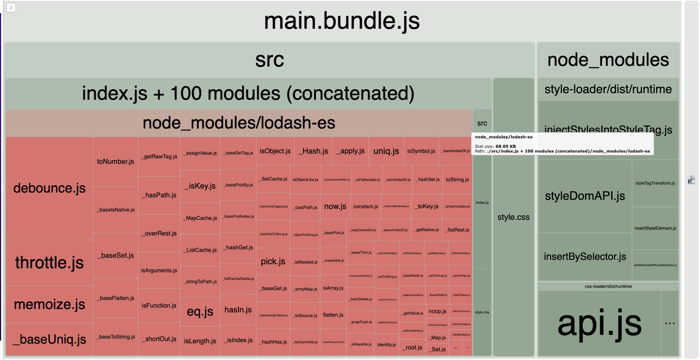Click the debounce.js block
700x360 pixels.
pyautogui.click(x=49, y=188)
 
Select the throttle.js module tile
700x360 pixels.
pyautogui.click(x=49, y=262)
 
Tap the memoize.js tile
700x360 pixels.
pyautogui.click(x=49, y=304)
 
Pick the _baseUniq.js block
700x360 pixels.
pyautogui.click(x=49, y=339)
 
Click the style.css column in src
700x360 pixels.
pyautogui.click(x=513, y=217)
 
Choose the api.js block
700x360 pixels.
pyautogui.click(x=599, y=323)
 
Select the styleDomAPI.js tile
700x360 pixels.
pyautogui.click(x=584, y=196)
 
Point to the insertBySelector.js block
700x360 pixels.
pyautogui.click(x=584, y=256)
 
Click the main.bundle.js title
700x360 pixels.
pyautogui.click(x=342, y=21)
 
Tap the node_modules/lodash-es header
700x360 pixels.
pyautogui.click(x=239, y=123)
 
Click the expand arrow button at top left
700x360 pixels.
pyautogui.click(x=11, y=7)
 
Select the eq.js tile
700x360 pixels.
pyautogui.click(x=200, y=311)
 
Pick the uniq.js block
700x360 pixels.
pyautogui.click(x=386, y=151)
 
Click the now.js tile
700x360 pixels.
pyautogui.click(x=335, y=206)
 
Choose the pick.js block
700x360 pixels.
pyautogui.click(x=273, y=261)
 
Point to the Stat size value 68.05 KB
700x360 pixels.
pyautogui.click(x=505, y=147)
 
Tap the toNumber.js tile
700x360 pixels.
pyautogui.click(x=115, y=161)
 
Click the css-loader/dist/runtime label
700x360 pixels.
pyautogui.click(x=608, y=287)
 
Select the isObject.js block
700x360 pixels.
pyautogui.click(x=275, y=151)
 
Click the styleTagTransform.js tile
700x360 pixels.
pyautogui.click(x=655, y=183)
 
